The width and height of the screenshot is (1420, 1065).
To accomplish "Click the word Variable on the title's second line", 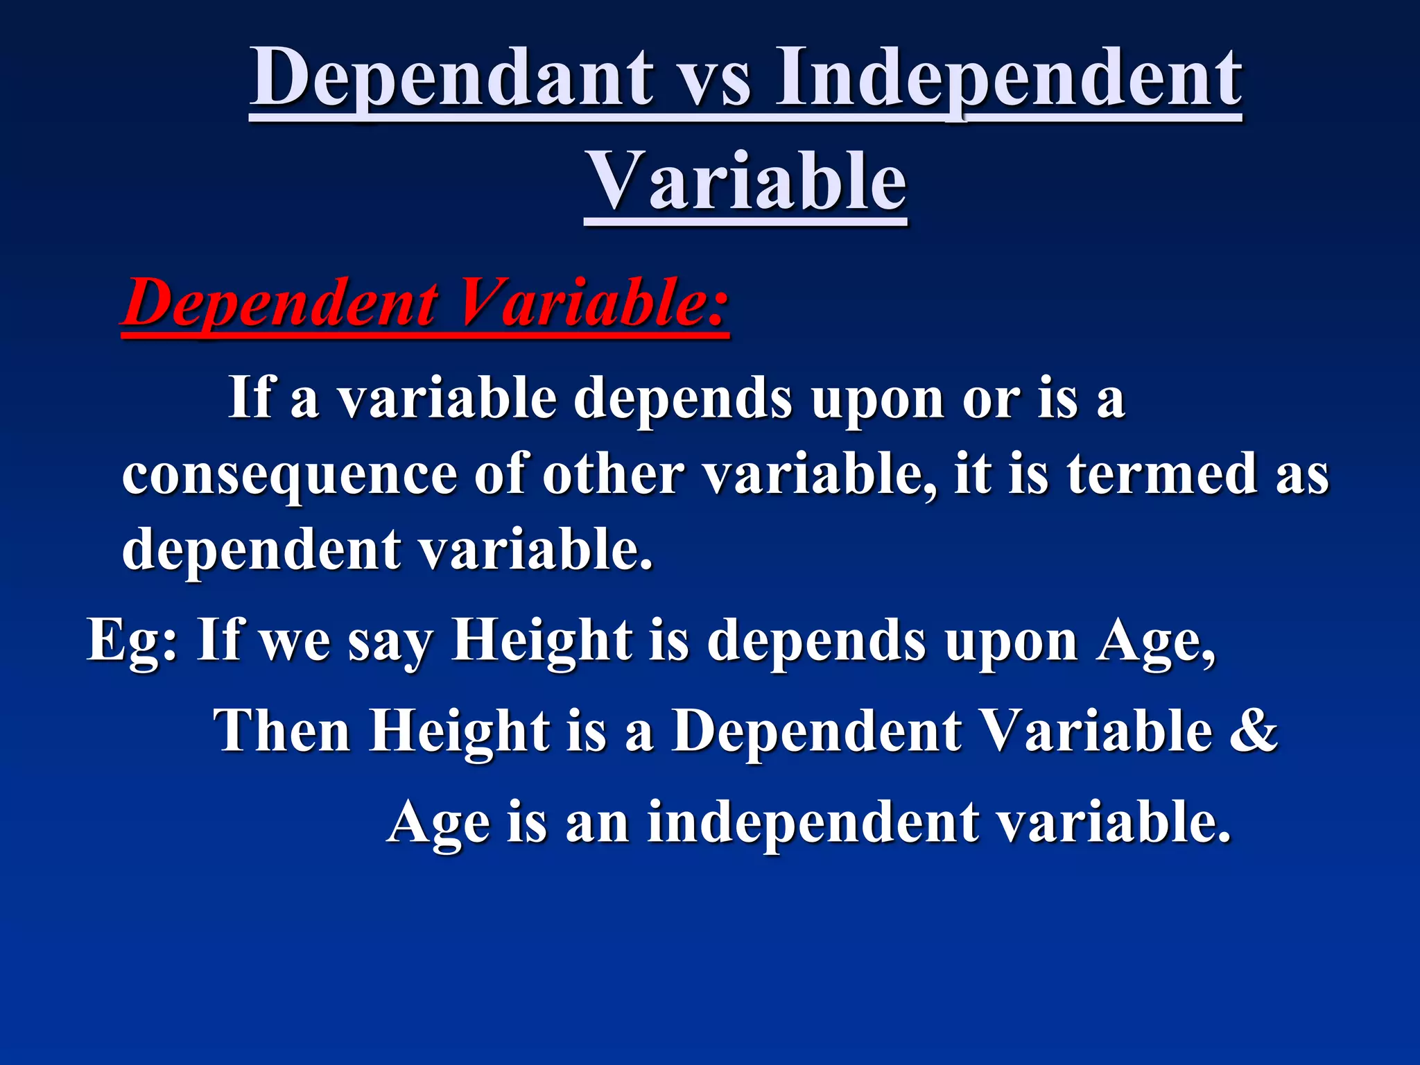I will (x=746, y=182).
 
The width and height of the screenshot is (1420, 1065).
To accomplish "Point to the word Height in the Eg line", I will (x=542, y=640).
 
